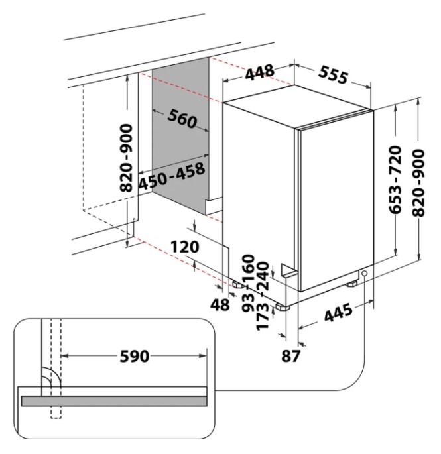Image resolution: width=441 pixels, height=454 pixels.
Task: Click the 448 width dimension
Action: [x=260, y=72]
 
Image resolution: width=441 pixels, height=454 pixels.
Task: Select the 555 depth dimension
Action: [x=333, y=75]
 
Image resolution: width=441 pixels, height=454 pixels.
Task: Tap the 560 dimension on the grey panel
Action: [x=182, y=118]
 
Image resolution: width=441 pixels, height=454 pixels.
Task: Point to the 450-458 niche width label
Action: [x=172, y=176]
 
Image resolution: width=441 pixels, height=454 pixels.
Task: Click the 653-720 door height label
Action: [x=395, y=180]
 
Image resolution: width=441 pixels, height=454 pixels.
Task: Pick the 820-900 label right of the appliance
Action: [x=418, y=183]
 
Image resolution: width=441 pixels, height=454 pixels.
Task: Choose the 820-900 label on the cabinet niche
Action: [x=126, y=158]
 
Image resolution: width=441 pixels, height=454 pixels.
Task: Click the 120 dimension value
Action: [x=185, y=247]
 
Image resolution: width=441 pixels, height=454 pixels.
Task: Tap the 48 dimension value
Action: [x=220, y=305]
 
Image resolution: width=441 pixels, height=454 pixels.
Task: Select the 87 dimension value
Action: [x=290, y=356]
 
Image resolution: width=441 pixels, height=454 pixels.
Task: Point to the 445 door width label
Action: [x=338, y=313]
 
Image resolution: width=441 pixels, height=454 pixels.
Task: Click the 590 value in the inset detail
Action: [x=135, y=356]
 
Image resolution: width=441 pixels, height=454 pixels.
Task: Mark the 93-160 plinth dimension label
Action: [x=248, y=283]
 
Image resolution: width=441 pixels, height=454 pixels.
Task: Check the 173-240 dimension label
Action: [x=263, y=296]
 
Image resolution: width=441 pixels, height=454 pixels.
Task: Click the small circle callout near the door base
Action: [x=364, y=273]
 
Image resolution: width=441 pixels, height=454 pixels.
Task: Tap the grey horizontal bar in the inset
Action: [x=114, y=401]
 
